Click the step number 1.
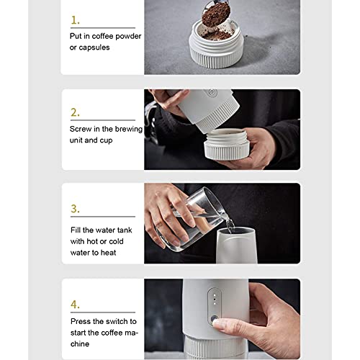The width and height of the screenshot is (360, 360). tap(75, 20)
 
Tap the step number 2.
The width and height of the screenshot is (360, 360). tap(75, 113)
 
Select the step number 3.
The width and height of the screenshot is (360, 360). tap(75, 210)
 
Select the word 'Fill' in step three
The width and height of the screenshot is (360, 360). tap(76, 230)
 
